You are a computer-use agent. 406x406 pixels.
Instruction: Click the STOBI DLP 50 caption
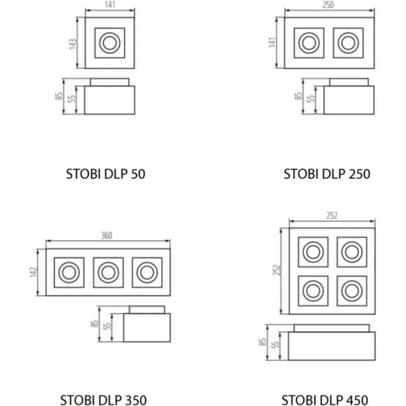coord(106,174)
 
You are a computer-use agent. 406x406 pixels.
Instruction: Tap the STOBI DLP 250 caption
coord(326,174)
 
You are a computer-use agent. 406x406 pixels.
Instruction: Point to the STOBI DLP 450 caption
coord(325,398)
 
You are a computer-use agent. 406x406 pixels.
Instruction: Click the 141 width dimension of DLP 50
coord(110,6)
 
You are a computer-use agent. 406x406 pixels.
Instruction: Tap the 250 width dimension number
coord(329,6)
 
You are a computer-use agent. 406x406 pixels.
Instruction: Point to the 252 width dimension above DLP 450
coord(332,215)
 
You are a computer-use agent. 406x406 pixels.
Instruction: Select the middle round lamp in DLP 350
coord(107,273)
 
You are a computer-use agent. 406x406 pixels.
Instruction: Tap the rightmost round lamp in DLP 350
coord(146,273)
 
